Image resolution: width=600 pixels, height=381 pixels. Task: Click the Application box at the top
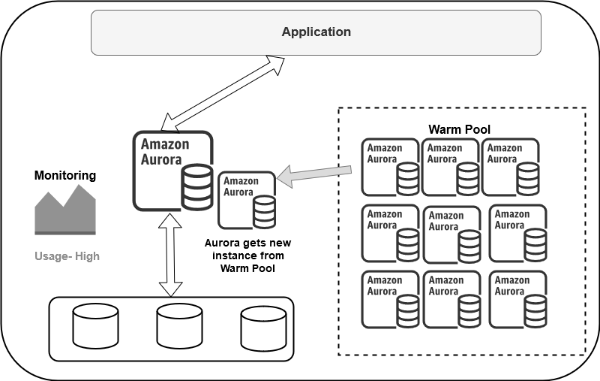(316, 32)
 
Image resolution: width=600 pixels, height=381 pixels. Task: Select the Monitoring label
(65, 176)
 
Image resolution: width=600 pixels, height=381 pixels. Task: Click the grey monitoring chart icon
(65, 212)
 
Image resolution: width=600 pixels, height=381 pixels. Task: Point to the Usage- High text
(67, 256)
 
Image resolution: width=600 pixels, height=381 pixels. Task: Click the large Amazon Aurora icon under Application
(172, 171)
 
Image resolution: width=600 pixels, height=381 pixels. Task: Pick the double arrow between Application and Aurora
(225, 92)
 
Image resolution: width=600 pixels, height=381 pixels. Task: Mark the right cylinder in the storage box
(264, 328)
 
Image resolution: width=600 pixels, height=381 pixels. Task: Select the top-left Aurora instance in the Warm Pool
(390, 166)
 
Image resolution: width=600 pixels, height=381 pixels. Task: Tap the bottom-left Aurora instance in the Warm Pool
(390, 299)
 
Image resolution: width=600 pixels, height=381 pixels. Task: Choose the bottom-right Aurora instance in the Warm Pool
(517, 299)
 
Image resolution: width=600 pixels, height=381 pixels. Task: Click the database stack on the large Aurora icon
(196, 188)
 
